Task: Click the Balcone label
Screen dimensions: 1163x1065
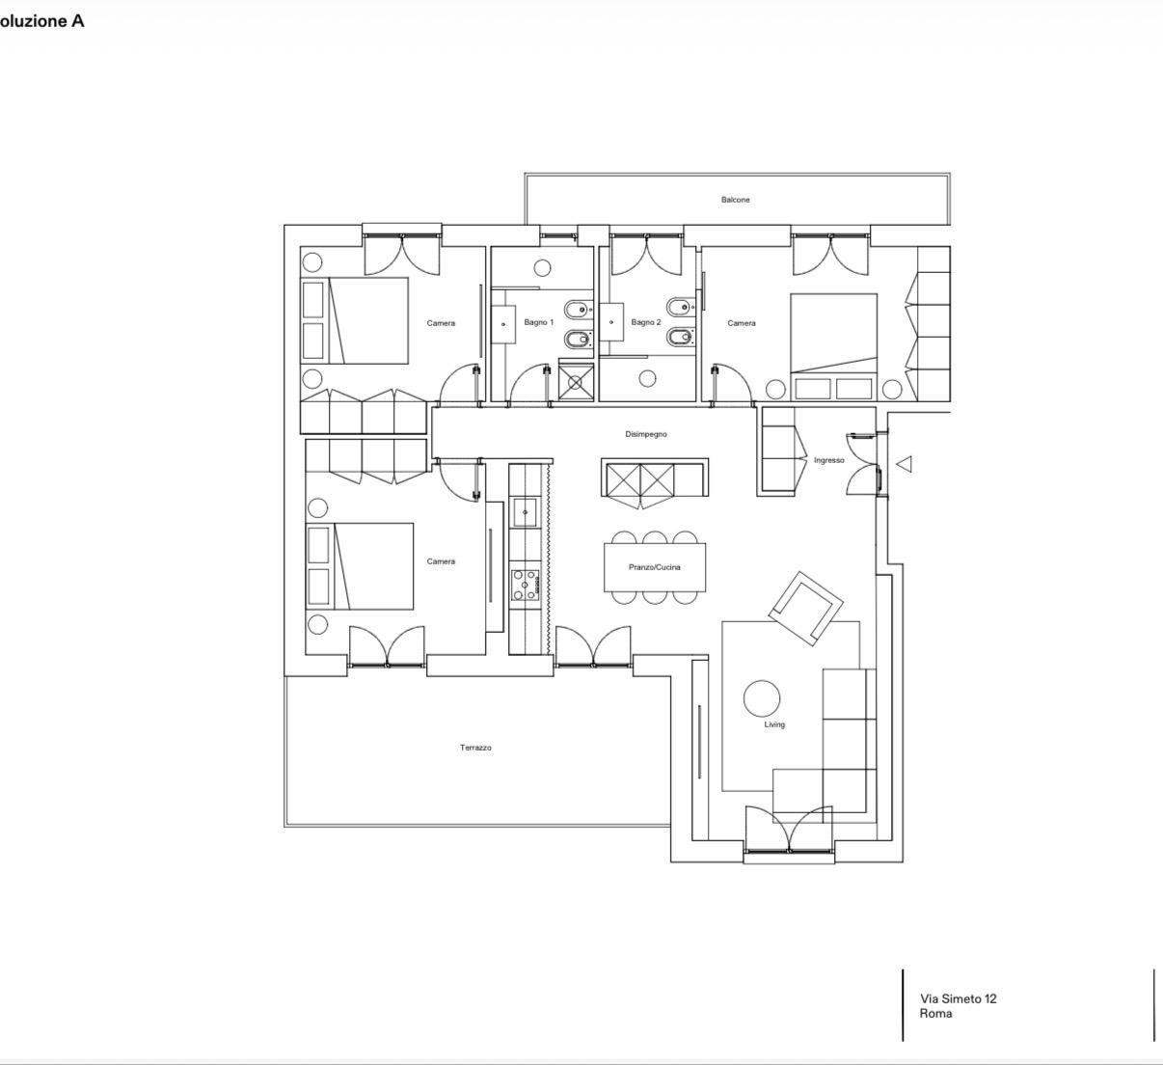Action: click(735, 200)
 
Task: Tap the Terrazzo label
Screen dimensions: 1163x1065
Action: click(475, 748)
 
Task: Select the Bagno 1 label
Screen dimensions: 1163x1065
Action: click(539, 322)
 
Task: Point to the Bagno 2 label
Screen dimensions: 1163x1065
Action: click(646, 322)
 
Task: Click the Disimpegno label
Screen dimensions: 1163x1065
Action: click(646, 434)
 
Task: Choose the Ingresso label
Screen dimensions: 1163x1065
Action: click(829, 460)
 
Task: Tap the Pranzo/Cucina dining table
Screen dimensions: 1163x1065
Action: click(655, 567)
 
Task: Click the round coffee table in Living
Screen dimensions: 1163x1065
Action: click(762, 698)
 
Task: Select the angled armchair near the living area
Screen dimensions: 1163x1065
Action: click(806, 609)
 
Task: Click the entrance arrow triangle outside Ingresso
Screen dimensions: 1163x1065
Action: click(904, 464)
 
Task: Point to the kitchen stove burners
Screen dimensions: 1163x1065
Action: click(525, 586)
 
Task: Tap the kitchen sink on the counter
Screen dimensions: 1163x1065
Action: click(525, 512)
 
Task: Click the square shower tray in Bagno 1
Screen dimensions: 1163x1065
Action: click(576, 382)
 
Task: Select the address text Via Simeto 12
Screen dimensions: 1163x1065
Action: click(959, 998)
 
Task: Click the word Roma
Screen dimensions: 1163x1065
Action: click(935, 1013)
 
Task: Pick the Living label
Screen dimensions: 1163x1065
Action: click(774, 724)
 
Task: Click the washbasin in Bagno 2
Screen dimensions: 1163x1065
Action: click(611, 322)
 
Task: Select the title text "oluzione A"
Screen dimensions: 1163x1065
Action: click(41, 21)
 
